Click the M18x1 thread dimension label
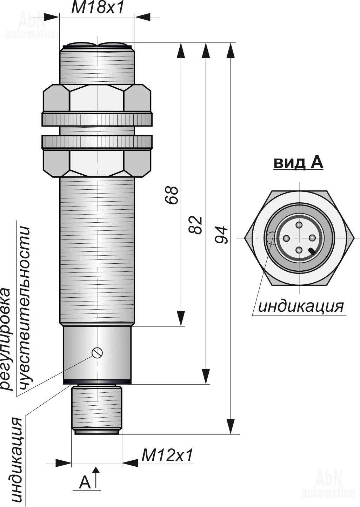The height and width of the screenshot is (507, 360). click(x=98, y=8)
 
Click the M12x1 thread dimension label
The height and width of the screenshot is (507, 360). click(x=167, y=455)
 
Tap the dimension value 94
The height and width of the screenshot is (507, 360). click(x=221, y=235)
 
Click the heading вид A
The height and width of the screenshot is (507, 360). click(x=298, y=163)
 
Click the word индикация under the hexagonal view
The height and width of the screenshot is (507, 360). click(x=301, y=306)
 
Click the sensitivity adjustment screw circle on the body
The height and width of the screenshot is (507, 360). click(x=97, y=352)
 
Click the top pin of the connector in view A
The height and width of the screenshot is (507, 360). click(x=299, y=225)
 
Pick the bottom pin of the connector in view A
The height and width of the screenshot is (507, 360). click(x=299, y=250)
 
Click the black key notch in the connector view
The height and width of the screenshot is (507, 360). click(x=312, y=251)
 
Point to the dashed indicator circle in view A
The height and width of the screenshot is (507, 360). click(x=271, y=238)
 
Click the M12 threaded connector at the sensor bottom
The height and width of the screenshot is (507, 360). click(x=96, y=408)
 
